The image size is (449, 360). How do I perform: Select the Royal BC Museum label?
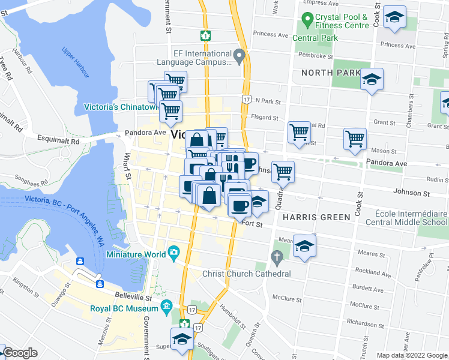[124, 310]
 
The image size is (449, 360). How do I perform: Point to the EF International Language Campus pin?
[240, 57]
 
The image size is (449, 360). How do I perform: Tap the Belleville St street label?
[132, 296]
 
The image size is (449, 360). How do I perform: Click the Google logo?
[20, 353]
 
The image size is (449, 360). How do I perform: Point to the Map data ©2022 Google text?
[411, 355]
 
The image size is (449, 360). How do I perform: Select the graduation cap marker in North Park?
[372, 79]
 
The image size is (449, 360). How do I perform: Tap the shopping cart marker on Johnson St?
[283, 172]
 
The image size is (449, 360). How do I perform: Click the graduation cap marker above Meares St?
[304, 246]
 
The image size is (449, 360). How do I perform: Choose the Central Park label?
[315, 38]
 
